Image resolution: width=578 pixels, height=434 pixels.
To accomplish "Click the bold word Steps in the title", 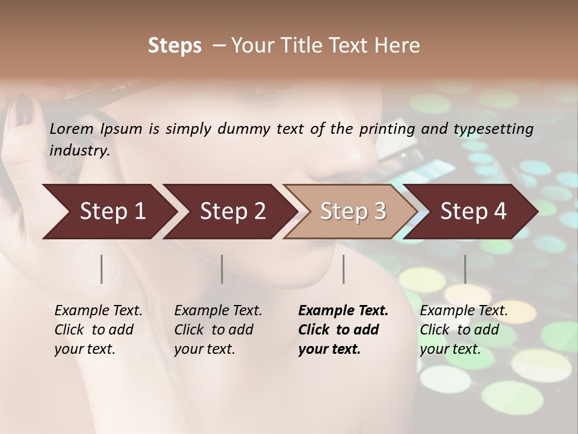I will click(x=175, y=46).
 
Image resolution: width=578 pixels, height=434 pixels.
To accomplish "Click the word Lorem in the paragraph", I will click(x=72, y=129).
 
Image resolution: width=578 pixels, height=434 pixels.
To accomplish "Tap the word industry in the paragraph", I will click(x=79, y=151).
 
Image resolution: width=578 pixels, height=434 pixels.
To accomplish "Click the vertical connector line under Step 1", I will click(x=102, y=269).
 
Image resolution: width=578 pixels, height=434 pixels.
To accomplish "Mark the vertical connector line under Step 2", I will click(x=222, y=269).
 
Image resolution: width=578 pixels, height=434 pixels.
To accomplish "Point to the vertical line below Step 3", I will click(x=343, y=269).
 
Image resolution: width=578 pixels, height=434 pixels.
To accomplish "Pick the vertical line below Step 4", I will click(x=465, y=269).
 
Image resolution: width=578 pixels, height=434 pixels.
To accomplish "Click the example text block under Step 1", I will click(x=98, y=330).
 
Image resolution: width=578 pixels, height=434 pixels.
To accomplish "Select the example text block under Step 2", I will click(x=218, y=330).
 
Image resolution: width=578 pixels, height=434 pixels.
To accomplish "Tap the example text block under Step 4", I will click(x=464, y=330).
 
